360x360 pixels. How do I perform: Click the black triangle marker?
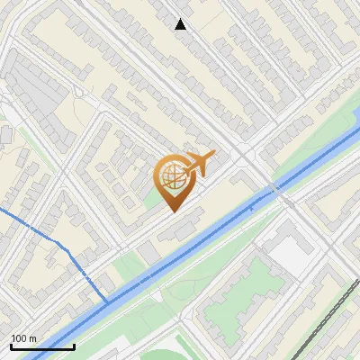pos(181,24)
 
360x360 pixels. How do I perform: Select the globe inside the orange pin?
pos(171,176)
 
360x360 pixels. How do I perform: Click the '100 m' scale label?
pos(22,338)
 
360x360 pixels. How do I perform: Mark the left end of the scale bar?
pos(10,346)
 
